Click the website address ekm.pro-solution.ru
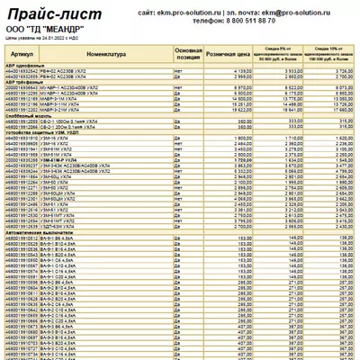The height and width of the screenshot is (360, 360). tap(197, 13)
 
